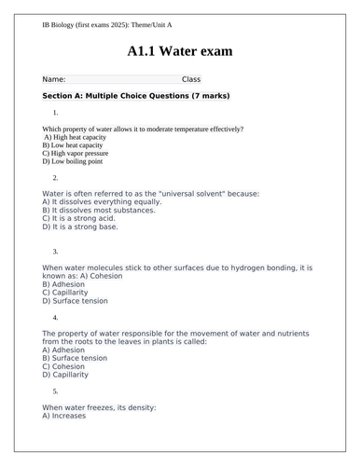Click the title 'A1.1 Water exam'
point(180,50)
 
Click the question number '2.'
point(56,177)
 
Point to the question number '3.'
point(56,252)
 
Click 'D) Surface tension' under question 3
point(77,301)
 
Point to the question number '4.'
point(56,318)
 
